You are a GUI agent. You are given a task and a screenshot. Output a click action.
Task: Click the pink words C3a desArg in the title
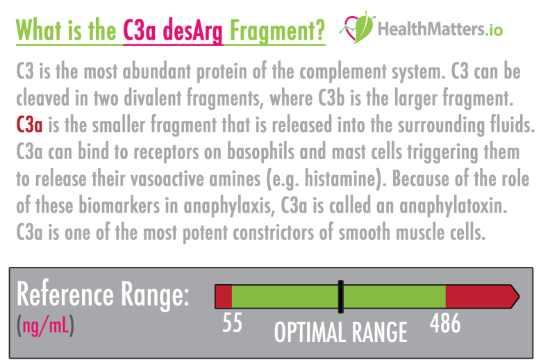tap(173, 30)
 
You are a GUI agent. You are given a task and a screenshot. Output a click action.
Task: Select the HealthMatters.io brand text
tap(440, 29)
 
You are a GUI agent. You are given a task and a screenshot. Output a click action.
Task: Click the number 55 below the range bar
tap(233, 323)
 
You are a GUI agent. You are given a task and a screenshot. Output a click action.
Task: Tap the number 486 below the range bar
tap(445, 323)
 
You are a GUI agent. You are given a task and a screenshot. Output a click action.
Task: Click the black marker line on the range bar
tap(340, 296)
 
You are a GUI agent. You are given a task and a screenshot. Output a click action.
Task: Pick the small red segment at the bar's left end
tap(223, 296)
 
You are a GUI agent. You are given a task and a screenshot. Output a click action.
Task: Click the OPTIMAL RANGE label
tap(340, 332)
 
